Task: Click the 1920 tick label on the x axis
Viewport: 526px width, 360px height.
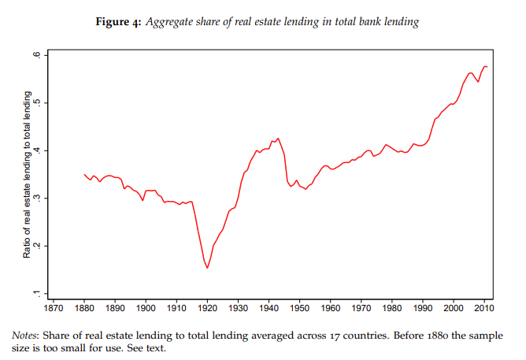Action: click(x=207, y=308)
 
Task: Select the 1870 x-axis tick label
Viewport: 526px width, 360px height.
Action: click(x=54, y=308)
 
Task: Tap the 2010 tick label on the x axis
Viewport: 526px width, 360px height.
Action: click(x=484, y=308)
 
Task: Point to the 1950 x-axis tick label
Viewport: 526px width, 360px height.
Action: click(x=299, y=308)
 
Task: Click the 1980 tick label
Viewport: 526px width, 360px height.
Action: click(x=392, y=308)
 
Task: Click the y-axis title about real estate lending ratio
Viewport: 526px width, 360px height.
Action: click(x=26, y=174)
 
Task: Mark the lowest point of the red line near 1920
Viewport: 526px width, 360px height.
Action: click(x=207, y=268)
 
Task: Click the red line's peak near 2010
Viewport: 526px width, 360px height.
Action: click(x=484, y=66)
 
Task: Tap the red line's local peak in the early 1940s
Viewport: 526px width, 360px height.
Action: click(x=277, y=139)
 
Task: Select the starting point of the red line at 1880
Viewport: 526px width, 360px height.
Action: click(x=84, y=174)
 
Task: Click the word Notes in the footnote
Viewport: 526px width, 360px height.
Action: click(x=27, y=335)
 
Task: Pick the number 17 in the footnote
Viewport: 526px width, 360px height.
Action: click(x=287, y=335)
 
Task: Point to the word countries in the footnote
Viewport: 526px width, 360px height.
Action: click(x=318, y=335)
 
